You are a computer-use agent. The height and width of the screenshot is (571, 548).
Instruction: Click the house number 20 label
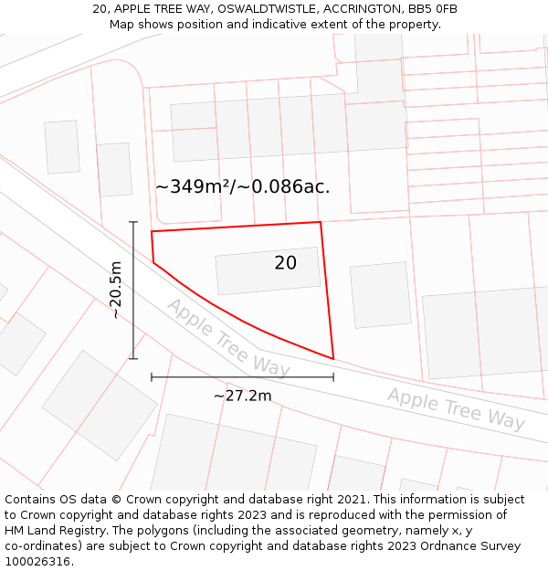click(x=285, y=263)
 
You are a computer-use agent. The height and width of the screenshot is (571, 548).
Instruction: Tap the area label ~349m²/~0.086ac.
click(x=242, y=187)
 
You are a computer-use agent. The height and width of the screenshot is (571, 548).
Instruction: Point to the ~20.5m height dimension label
click(x=116, y=291)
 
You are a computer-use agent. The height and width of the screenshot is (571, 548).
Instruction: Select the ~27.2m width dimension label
click(x=242, y=396)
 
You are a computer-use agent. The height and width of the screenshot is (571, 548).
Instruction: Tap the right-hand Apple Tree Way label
click(x=456, y=408)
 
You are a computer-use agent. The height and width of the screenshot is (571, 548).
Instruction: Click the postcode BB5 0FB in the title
click(x=434, y=9)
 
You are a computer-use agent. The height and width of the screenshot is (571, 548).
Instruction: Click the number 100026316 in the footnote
click(x=37, y=561)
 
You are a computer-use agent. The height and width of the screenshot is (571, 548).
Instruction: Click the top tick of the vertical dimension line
click(x=133, y=222)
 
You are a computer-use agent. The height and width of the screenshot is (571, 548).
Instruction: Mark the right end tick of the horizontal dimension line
click(x=333, y=376)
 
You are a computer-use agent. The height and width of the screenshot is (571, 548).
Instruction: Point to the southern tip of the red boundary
click(x=333, y=359)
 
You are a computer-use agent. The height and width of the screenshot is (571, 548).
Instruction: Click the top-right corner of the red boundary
click(x=321, y=222)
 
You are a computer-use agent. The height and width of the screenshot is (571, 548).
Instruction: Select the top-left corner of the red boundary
click(x=152, y=231)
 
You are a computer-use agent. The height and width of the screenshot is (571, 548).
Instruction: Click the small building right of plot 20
click(x=381, y=294)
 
